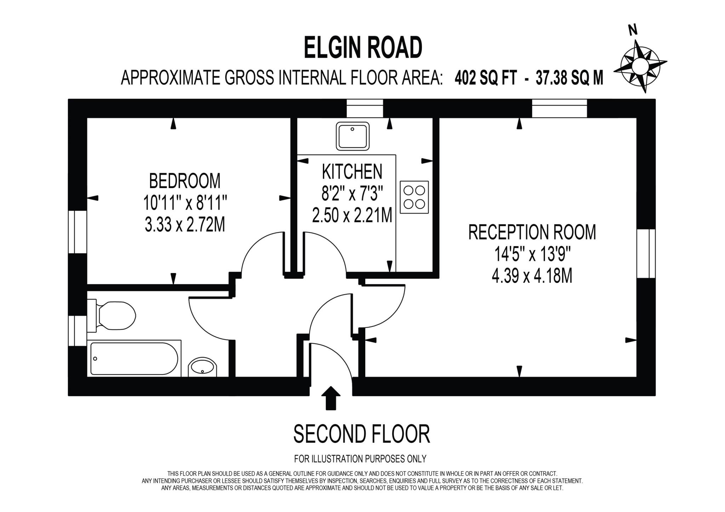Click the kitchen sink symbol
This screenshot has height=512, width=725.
click(x=352, y=136)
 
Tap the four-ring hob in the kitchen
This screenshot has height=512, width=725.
click(x=414, y=197)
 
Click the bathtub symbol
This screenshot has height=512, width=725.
click(x=134, y=358)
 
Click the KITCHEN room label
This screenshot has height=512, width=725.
click(x=352, y=171)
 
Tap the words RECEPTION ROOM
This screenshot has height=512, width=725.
click(x=532, y=232)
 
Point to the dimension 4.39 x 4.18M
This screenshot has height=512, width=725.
click(x=532, y=276)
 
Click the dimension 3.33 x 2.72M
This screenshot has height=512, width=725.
click(x=184, y=224)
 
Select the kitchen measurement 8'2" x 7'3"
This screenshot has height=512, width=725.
click(x=352, y=193)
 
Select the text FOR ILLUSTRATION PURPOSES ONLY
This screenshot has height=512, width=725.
click(x=360, y=459)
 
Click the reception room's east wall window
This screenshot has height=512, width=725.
click(x=646, y=253)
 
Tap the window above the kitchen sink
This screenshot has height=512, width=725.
click(x=365, y=108)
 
